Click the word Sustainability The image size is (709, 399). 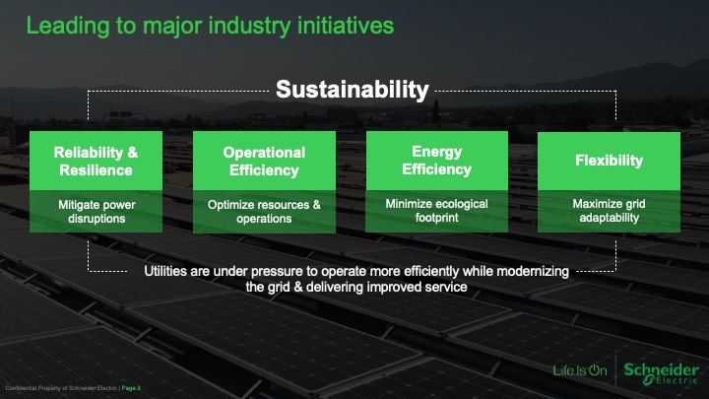point(353,90)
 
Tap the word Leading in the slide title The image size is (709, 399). point(68,27)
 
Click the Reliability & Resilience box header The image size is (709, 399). point(96,161)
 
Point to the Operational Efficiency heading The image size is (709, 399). point(264,161)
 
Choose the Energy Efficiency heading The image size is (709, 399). point(437,161)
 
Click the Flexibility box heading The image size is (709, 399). point(610,161)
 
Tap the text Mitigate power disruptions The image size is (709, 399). point(97,211)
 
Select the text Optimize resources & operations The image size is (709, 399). point(264,211)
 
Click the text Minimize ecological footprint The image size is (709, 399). point(437,211)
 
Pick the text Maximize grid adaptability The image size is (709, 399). point(610,211)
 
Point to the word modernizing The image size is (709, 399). point(533,272)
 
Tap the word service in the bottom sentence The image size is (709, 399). point(449,287)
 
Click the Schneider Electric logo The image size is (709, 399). point(661,373)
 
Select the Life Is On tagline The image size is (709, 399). point(580,370)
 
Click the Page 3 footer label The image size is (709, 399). point(131,388)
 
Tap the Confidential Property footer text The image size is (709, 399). point(61,388)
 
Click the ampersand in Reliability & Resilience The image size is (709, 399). point(133,153)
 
